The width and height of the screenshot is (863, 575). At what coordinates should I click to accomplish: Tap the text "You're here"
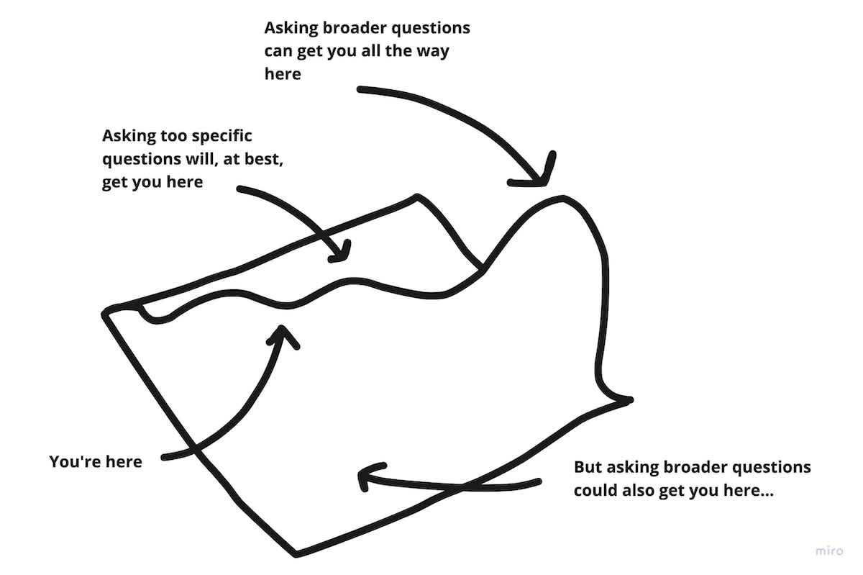96,461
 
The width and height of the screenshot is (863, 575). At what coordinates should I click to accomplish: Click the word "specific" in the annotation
219,135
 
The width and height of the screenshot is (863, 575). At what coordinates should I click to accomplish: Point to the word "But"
588,467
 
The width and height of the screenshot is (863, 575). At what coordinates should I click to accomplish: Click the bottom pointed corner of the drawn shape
295,553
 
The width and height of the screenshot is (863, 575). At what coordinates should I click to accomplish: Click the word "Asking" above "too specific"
126,135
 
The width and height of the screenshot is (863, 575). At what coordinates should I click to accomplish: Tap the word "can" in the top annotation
278,51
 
